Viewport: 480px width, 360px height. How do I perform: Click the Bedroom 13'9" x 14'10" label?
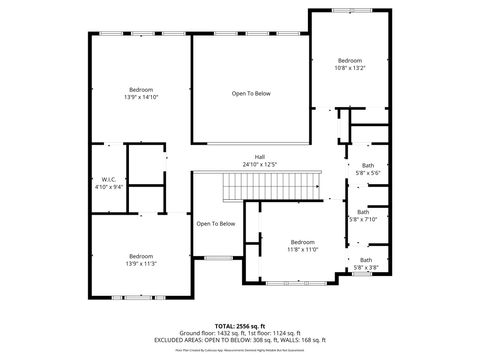pyautogui.click(x=141, y=93)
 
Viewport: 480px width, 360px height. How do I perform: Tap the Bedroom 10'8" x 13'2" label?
pyautogui.click(x=349, y=64)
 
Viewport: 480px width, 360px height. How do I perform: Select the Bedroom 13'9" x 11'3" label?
pyautogui.click(x=141, y=259)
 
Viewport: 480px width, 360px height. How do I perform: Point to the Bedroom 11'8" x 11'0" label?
pyautogui.click(x=302, y=245)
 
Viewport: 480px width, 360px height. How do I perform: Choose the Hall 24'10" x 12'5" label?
pyautogui.click(x=259, y=159)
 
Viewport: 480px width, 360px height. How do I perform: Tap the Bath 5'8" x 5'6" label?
pyautogui.click(x=367, y=169)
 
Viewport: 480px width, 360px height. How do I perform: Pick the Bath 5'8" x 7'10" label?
pyautogui.click(x=363, y=215)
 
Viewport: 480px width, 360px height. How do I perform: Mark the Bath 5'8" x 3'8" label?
pyautogui.click(x=365, y=263)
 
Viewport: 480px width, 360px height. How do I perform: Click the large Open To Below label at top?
pyautogui.click(x=251, y=94)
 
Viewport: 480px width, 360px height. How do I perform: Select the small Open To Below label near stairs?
pyautogui.click(x=215, y=223)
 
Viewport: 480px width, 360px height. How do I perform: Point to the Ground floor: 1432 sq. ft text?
pyautogui.click(x=207, y=333)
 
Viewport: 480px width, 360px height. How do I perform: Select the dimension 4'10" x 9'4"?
pyautogui.click(x=110, y=187)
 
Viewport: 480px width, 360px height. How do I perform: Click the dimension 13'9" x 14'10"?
pyautogui.click(x=141, y=97)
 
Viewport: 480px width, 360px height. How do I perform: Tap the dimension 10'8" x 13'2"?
pyautogui.click(x=349, y=68)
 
